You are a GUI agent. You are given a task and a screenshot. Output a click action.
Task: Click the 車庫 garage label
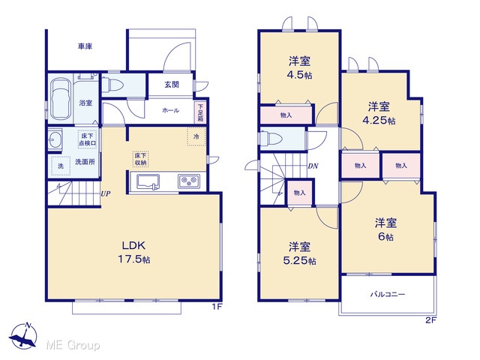point(85,46)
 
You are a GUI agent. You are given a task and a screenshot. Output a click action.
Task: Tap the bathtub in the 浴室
point(60,98)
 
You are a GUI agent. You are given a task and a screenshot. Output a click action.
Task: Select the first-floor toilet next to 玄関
point(112,84)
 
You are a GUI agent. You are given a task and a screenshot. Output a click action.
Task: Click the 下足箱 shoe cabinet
point(200,112)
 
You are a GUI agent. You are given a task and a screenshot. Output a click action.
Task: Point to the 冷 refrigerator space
point(196,136)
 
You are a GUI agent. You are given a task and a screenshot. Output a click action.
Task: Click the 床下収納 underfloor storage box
point(140,159)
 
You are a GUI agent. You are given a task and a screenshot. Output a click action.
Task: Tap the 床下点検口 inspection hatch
point(87,139)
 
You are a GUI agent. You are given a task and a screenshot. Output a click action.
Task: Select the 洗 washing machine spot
point(61,166)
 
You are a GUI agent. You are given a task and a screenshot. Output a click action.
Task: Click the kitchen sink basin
point(148,181)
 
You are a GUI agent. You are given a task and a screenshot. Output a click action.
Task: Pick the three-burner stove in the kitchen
point(189,181)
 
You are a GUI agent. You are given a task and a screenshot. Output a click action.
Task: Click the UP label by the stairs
point(106,193)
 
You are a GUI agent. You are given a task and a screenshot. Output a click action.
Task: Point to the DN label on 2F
point(313,166)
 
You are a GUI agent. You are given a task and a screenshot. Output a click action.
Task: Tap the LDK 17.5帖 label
point(133,252)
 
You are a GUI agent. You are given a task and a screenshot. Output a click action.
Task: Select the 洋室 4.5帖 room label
point(299,68)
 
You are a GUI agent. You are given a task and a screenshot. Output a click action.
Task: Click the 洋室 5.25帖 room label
point(299,253)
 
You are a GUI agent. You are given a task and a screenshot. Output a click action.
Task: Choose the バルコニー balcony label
point(388,295)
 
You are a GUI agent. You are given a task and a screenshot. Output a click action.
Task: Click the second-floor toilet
point(271,138)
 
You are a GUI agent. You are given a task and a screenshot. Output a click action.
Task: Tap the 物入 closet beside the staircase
point(299,193)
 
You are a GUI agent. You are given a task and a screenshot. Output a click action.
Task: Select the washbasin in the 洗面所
point(55,139)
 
